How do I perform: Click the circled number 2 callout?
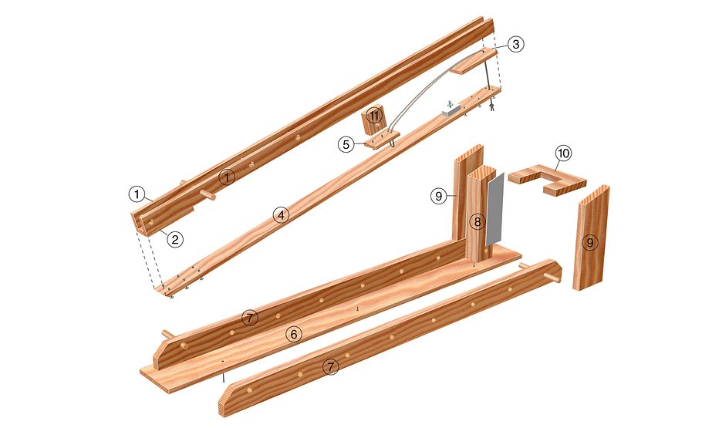tap(175, 240)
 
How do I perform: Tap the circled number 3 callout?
tap(516, 44)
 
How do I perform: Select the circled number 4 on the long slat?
tap(281, 215)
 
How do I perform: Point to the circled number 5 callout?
tap(346, 145)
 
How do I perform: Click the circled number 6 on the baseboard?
tap(294, 334)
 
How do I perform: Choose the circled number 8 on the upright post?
tap(478, 221)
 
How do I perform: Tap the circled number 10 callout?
tap(563, 153)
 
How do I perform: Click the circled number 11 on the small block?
tap(374, 116)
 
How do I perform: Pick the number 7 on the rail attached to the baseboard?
tap(250, 318)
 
